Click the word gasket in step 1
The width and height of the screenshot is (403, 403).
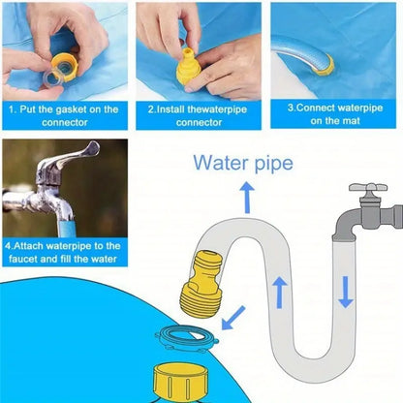click(x=72, y=109)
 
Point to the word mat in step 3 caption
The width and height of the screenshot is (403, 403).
click(x=352, y=121)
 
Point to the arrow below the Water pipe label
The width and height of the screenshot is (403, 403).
click(x=247, y=198)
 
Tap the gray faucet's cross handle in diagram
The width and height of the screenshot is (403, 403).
click(x=368, y=187)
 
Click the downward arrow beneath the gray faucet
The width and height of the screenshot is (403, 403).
click(x=346, y=292)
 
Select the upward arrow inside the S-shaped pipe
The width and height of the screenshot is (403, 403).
click(x=280, y=294)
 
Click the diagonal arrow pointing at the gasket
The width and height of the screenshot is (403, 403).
click(x=233, y=318)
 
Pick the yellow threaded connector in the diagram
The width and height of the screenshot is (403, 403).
click(x=198, y=283)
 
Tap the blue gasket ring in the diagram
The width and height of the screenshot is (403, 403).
click(x=187, y=338)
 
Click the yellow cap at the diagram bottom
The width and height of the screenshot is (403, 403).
click(x=180, y=382)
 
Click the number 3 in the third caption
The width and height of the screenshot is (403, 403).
click(x=290, y=108)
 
